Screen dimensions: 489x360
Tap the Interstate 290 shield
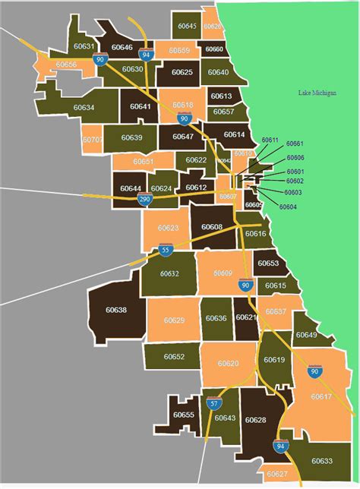(144, 200)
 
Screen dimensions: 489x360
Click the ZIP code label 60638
(116, 310)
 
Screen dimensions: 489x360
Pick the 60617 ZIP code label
(322, 396)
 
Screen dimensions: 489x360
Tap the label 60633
(322, 460)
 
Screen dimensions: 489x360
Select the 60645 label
(187, 27)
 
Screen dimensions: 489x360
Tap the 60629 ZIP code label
(174, 320)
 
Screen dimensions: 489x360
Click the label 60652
(174, 356)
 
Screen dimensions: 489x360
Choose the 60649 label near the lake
(306, 335)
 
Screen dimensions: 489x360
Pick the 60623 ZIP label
(169, 228)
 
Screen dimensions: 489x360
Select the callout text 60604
(288, 207)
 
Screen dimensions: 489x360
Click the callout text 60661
(295, 144)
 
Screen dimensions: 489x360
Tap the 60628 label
(256, 420)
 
